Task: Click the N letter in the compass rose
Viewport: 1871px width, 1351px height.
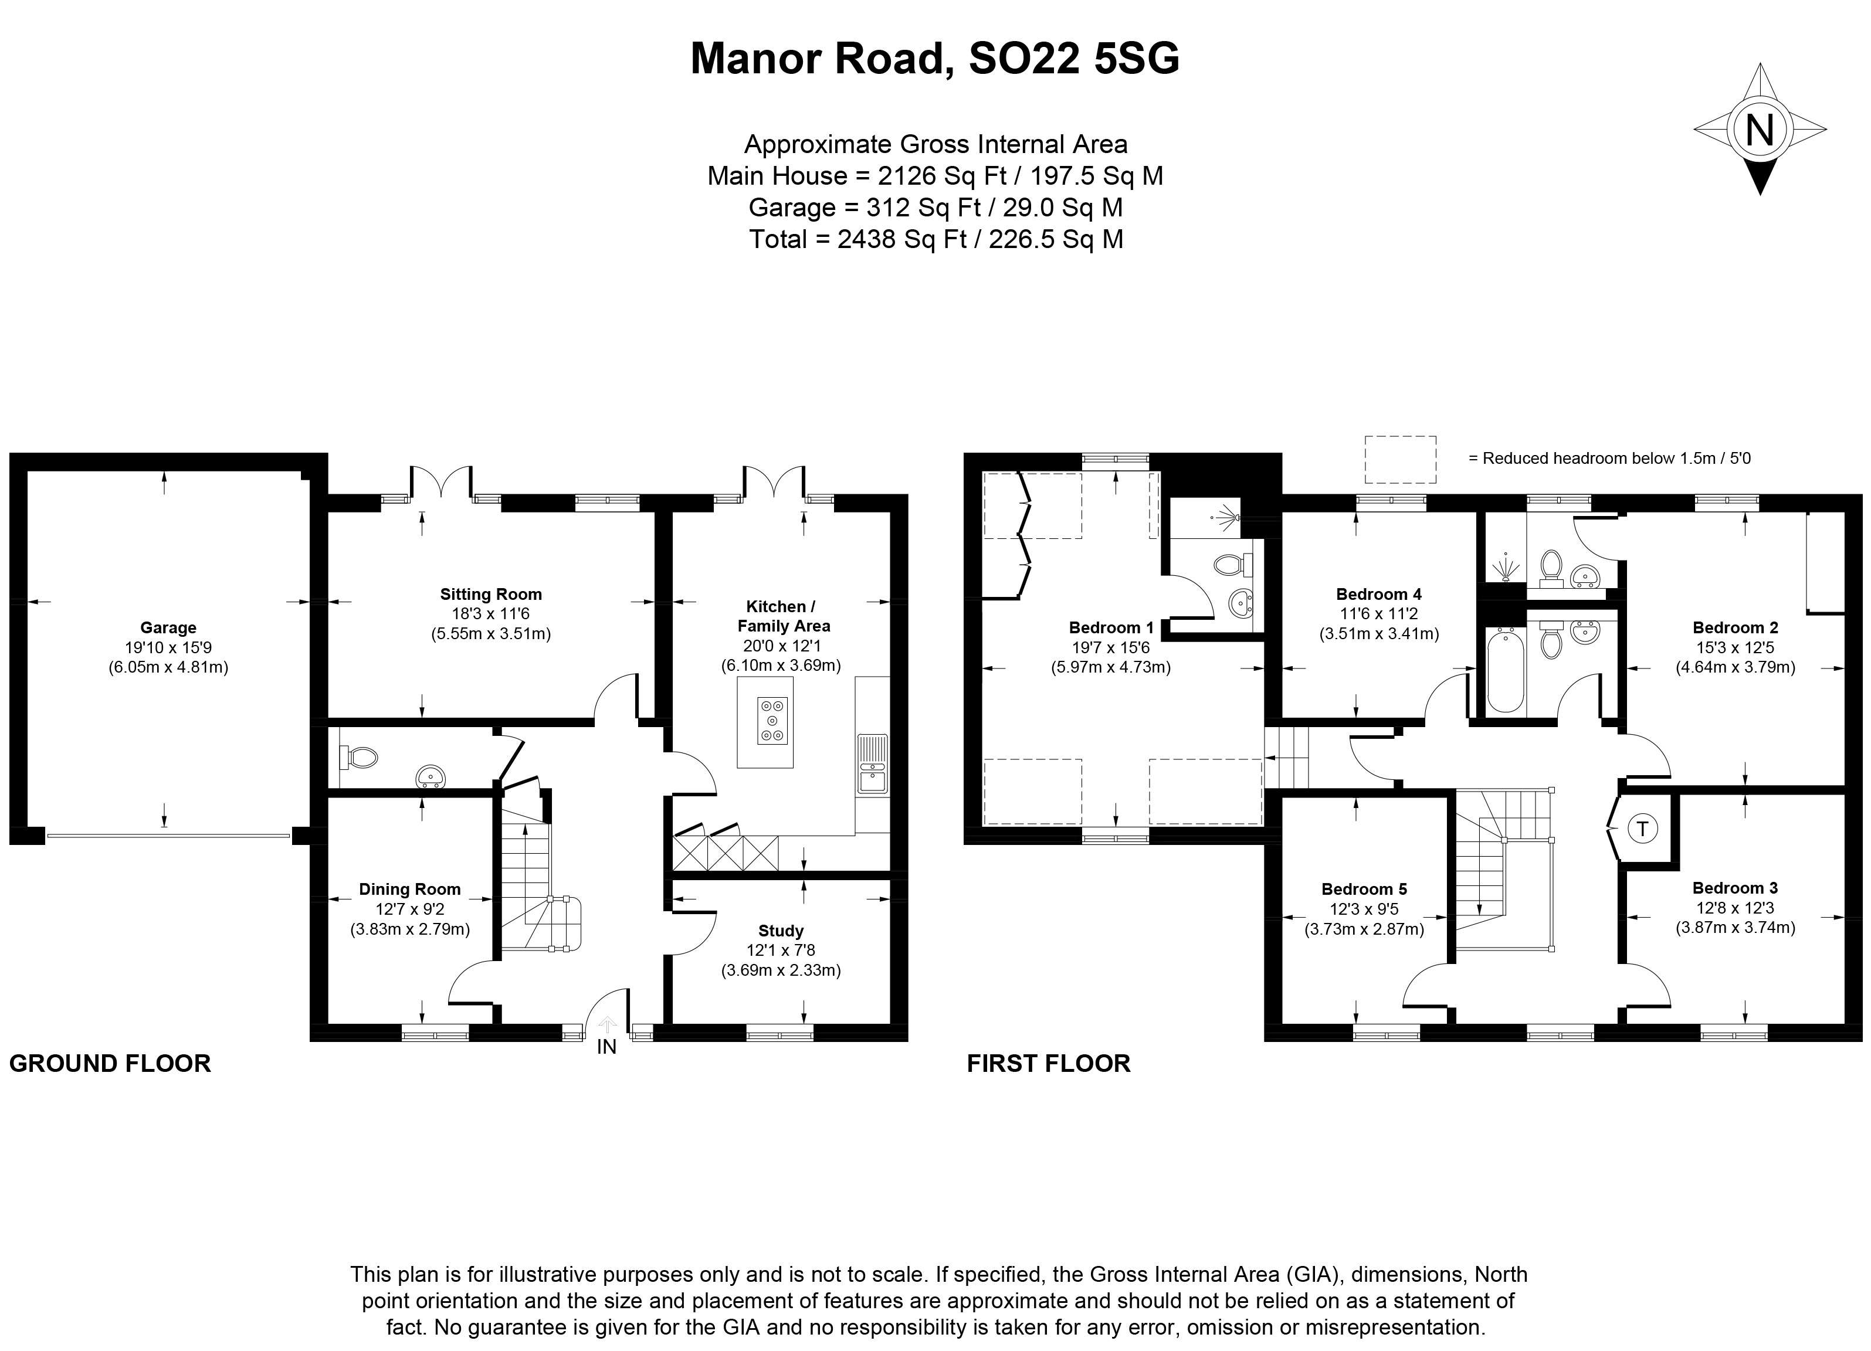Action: (1760, 130)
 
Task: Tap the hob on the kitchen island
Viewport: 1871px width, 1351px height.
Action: (773, 720)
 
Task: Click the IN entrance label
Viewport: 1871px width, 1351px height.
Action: (606, 1047)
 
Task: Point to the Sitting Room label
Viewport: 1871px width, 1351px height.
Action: (491, 594)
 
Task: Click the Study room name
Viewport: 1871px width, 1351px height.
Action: (781, 931)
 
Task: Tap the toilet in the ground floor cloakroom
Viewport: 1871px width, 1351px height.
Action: (359, 756)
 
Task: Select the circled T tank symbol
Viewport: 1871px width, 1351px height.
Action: (1642, 828)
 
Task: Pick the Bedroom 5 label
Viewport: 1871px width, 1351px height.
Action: (1364, 889)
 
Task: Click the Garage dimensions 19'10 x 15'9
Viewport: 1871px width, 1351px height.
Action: (168, 647)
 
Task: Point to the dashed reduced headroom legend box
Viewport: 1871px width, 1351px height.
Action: (1400, 459)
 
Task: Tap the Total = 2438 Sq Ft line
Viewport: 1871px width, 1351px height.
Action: (936, 239)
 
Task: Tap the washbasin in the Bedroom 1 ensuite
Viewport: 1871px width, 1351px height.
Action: (1240, 605)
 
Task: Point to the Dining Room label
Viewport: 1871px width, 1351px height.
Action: (409, 889)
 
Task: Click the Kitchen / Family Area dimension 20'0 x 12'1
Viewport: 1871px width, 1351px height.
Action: (781, 646)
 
